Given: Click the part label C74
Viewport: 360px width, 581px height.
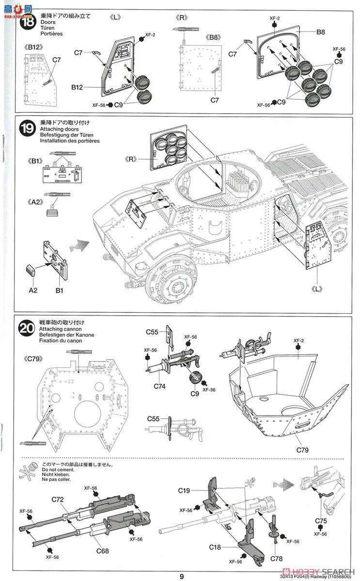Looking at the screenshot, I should point(160,386).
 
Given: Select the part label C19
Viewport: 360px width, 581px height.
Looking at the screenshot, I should point(184,490).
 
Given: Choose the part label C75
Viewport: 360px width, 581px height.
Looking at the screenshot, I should point(321,521).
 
